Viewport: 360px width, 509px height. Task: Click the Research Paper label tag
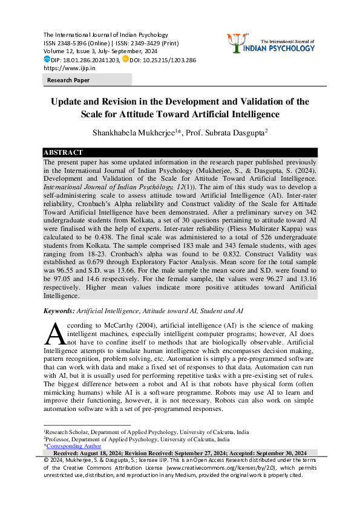(69, 80)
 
